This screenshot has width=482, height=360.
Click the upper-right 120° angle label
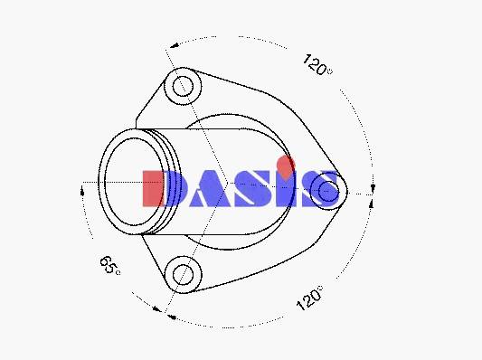[x=317, y=65]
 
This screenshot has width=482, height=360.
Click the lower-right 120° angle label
[x=310, y=298]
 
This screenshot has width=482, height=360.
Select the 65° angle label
[x=110, y=265]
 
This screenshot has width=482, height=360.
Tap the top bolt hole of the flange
[x=183, y=87]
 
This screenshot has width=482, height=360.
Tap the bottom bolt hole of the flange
[x=184, y=275]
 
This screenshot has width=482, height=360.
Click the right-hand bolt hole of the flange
[x=328, y=191]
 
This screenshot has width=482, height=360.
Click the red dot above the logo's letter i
[x=286, y=167]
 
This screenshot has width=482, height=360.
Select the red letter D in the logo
[x=154, y=188]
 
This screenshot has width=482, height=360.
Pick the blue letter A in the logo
[x=211, y=188]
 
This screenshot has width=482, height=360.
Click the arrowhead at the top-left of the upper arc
[x=175, y=45]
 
